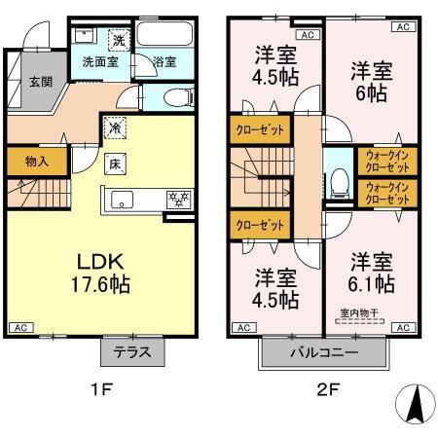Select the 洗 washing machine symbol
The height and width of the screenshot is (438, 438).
118,41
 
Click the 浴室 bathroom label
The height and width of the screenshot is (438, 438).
165,62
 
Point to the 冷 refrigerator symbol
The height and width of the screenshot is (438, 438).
116,128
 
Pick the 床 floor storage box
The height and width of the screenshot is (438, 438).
116,163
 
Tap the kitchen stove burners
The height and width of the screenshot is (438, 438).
178,199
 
